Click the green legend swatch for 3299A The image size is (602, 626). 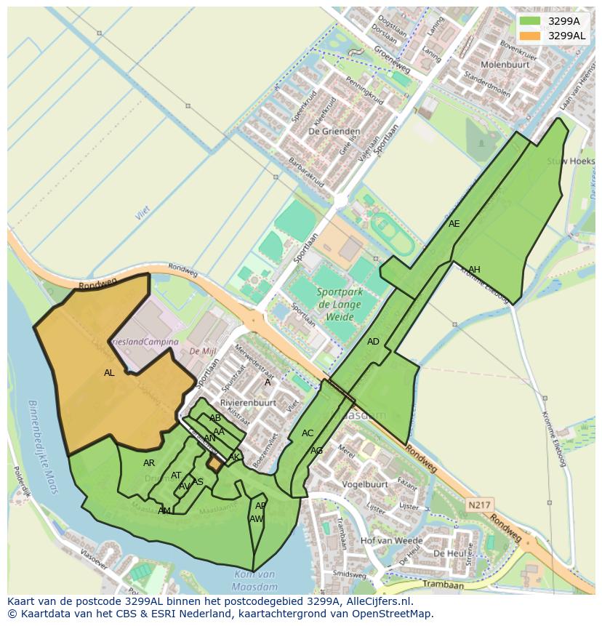coord(531,21)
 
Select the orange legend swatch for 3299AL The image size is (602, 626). coord(531,35)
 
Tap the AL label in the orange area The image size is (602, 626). coord(109,373)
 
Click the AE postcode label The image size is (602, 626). coord(454,224)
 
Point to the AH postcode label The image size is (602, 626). coord(474,270)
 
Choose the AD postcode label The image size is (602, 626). coord(373,342)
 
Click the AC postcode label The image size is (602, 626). coord(308,433)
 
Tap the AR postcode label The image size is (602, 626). coord(149,463)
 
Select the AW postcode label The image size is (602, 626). coord(256,519)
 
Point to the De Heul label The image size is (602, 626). coord(449,553)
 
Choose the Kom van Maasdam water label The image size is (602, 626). coord(255,579)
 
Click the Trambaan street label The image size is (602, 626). coord(444,585)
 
